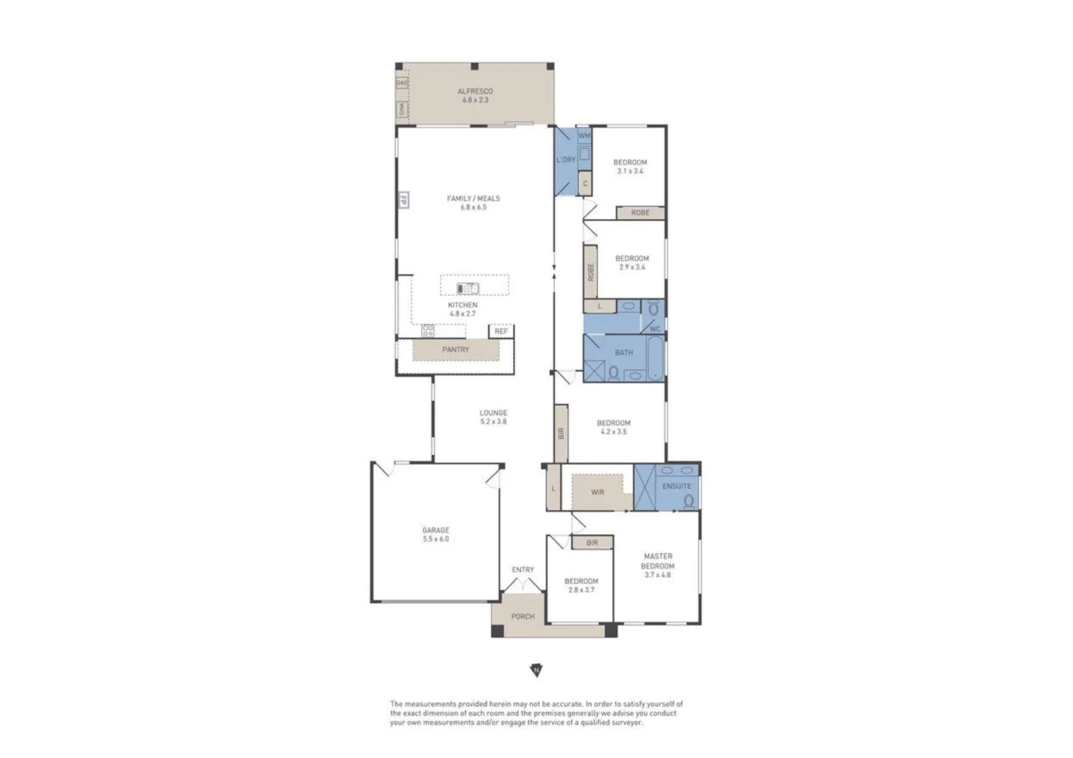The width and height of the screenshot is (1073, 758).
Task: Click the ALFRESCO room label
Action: click(475, 91)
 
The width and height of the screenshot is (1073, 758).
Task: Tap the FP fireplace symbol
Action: click(404, 200)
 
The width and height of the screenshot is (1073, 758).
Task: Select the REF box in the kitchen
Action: click(501, 331)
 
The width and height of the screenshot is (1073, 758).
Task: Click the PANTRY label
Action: click(455, 350)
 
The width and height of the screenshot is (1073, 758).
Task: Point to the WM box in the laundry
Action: click(584, 135)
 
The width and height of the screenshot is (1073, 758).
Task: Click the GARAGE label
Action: click(436, 531)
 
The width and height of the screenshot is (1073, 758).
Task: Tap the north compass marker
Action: click(536, 670)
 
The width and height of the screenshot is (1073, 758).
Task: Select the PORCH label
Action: click(523, 616)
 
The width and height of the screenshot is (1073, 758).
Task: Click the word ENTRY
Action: click(523, 570)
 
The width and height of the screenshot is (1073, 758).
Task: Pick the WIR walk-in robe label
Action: click(597, 493)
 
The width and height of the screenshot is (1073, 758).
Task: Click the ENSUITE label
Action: click(677, 486)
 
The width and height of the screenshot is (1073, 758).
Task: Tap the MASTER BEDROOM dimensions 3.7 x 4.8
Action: click(658, 575)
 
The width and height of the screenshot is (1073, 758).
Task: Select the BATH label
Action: click(624, 352)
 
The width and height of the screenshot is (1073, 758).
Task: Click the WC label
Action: click(655, 328)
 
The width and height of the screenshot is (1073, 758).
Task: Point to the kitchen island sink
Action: click(468, 288)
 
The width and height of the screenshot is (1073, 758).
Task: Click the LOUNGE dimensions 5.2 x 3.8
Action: click(493, 422)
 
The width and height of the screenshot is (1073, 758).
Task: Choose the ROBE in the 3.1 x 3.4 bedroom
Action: click(640, 212)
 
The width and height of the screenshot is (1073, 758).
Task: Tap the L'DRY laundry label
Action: click(566, 160)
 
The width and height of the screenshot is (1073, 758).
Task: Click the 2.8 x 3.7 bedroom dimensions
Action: click(581, 590)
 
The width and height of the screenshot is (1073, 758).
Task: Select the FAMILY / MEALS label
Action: click(474, 199)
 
